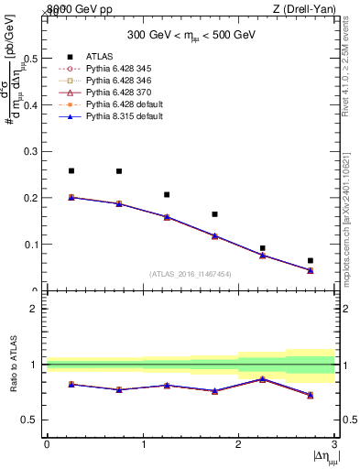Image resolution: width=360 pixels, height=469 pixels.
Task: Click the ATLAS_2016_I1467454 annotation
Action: click(x=191, y=274)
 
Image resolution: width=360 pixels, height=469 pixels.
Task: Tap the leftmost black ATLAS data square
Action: click(x=71, y=170)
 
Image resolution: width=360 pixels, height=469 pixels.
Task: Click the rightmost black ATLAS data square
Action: click(x=311, y=260)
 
